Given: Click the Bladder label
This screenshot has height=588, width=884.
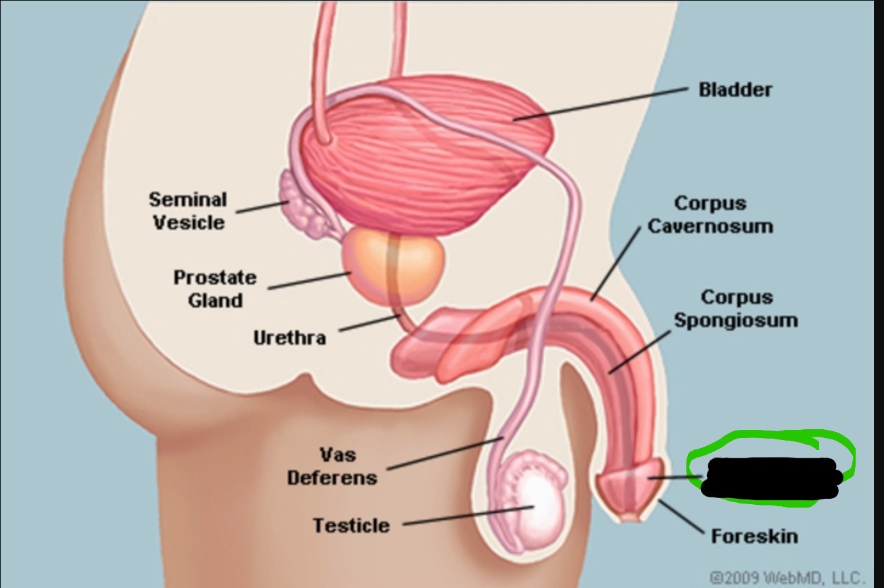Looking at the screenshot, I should coord(735,90).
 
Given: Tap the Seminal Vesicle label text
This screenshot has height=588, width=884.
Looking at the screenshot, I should coord(188,210).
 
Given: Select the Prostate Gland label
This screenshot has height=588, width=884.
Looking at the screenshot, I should coord(215,289).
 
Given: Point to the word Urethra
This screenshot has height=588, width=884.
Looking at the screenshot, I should coord(289,337).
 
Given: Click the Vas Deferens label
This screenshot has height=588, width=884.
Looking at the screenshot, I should coord(332,466).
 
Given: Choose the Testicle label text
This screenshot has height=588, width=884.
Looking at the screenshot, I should coord(351,525).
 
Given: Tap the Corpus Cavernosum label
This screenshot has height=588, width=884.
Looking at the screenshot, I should coord(710,214).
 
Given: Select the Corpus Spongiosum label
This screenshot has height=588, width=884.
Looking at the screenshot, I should coord(735,308).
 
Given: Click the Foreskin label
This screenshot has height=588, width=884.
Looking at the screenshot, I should coord(754,536).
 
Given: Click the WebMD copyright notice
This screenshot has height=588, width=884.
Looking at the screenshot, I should coord(787,578).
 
